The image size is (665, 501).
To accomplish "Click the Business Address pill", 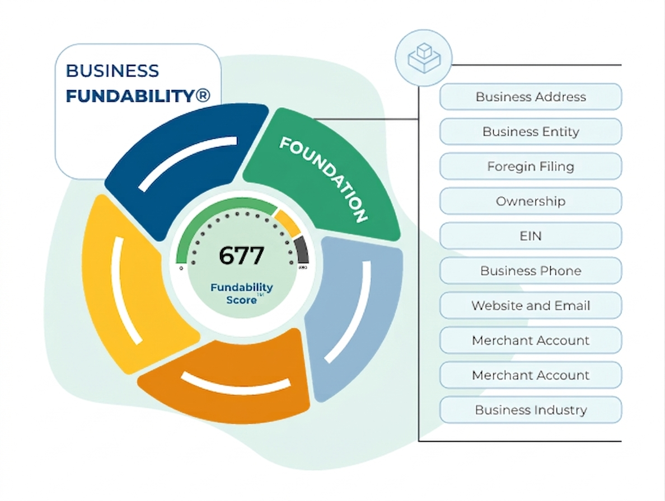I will (x=530, y=97).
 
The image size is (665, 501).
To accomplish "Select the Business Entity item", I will (x=530, y=131).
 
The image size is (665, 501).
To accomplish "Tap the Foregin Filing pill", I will (x=530, y=166).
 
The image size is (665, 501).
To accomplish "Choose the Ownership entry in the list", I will (x=530, y=201).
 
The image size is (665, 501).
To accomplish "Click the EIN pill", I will (x=530, y=236).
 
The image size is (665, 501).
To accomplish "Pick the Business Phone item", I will (x=530, y=271).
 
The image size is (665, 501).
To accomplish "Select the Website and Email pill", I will (x=530, y=305).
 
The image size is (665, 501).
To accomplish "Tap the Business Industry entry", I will (x=530, y=410).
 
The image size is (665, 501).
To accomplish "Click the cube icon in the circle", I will (x=423, y=57).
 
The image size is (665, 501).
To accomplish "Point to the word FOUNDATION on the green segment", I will (x=324, y=179).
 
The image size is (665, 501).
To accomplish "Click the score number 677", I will (x=241, y=256).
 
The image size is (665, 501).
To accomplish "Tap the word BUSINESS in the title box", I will (x=113, y=71).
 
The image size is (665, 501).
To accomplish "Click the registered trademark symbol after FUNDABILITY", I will (x=202, y=96).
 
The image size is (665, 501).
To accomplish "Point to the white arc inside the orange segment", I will (x=235, y=384).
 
